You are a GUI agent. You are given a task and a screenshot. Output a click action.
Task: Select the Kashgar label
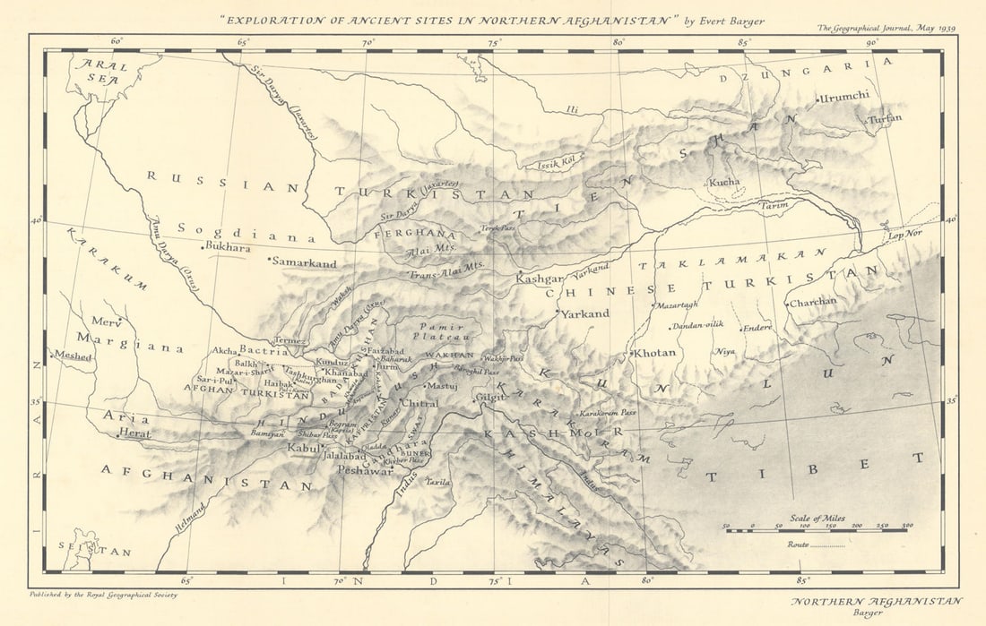[540, 279]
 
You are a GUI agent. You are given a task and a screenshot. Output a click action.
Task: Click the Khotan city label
[656, 353]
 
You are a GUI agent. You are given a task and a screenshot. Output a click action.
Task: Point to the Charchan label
[812, 303]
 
